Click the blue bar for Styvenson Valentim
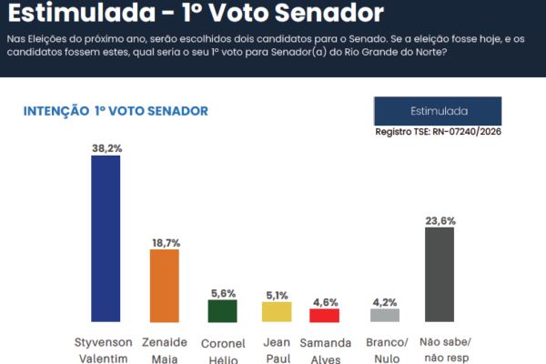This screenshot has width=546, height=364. (x=106, y=238)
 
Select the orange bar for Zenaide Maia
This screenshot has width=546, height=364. (x=164, y=285)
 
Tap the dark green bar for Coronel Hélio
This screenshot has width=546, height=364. (x=222, y=310)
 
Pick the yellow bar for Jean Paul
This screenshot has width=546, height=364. (x=276, y=311)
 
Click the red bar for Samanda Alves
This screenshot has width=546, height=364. (x=324, y=315)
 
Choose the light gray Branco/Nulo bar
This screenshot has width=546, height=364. (x=383, y=315)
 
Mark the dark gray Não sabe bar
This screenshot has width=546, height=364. (x=440, y=274)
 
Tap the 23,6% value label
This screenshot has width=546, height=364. (x=440, y=219)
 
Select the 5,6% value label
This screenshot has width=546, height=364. (x=223, y=292)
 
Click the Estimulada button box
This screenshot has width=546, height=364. (x=439, y=111)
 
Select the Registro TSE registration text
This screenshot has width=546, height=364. (x=439, y=132)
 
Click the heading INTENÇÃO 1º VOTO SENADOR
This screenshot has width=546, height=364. (x=116, y=110)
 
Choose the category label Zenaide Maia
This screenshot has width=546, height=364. (x=164, y=349)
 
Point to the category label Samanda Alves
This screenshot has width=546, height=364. (x=324, y=349)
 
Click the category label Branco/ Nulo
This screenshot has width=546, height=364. (x=383, y=349)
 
